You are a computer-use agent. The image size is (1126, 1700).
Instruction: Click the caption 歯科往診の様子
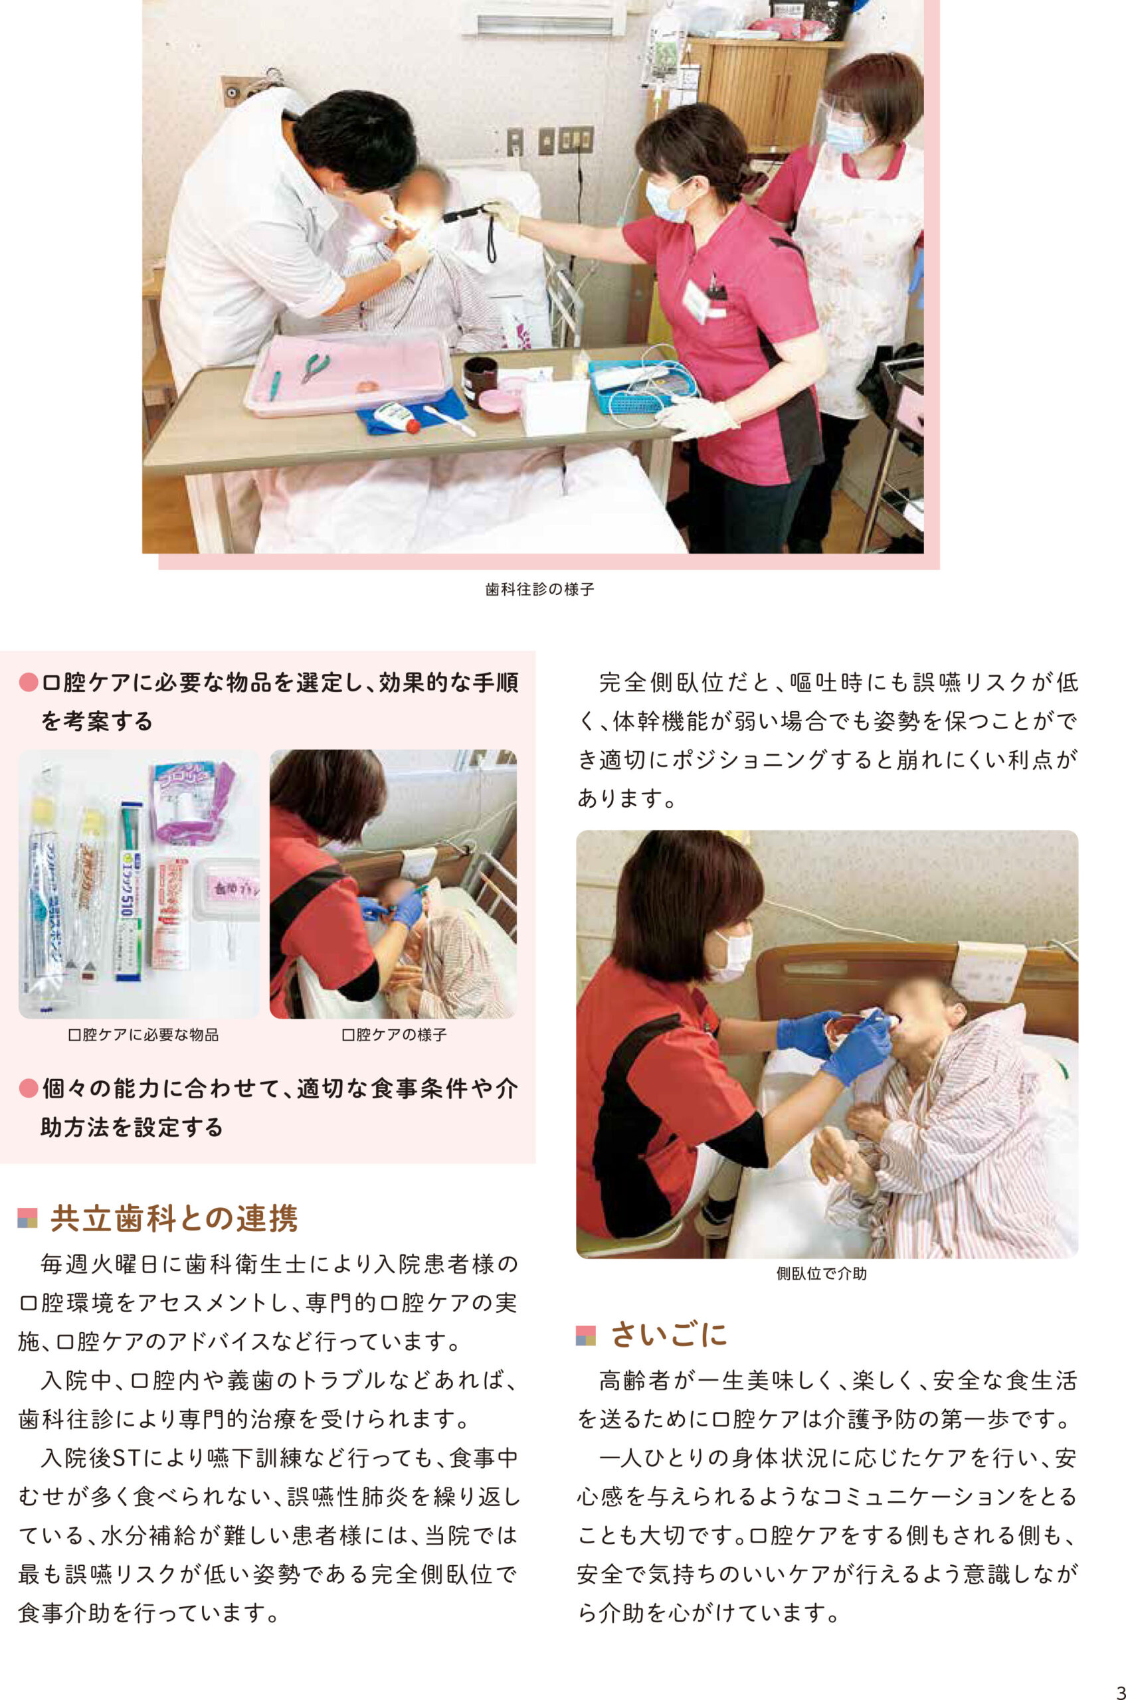click(540, 590)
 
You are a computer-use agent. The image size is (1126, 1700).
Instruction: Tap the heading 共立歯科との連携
click(175, 1219)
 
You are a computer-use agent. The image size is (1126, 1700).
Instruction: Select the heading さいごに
click(668, 1335)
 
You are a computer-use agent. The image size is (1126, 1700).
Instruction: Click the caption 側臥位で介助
click(822, 1274)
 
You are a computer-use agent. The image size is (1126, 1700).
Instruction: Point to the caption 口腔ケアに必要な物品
click(143, 1035)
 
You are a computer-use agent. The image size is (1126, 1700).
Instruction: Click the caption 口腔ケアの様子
click(393, 1035)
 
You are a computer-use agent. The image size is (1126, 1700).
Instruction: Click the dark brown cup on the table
click(480, 381)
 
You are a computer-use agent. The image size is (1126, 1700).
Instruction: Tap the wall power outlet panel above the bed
click(575, 140)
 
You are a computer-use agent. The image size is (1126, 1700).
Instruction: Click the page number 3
click(1119, 1684)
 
